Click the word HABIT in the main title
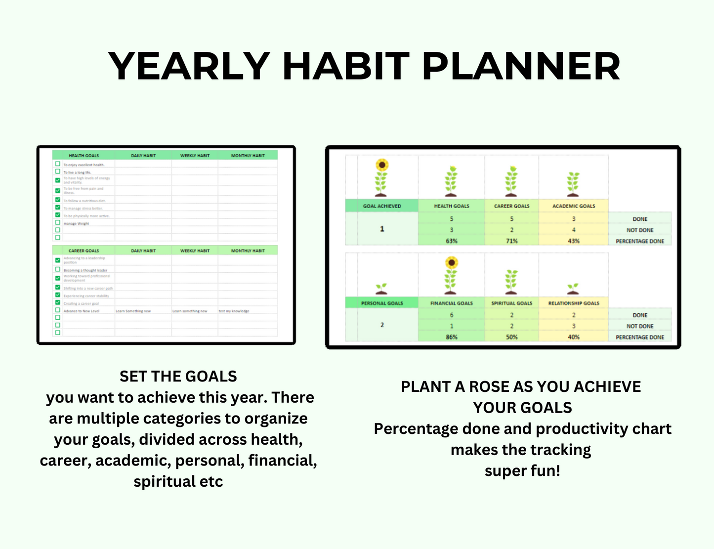click(x=345, y=66)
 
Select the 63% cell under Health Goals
click(x=451, y=241)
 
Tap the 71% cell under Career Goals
click(x=511, y=241)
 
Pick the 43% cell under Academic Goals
click(x=573, y=241)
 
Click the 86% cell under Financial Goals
click(x=451, y=337)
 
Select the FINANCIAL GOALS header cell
click(x=451, y=303)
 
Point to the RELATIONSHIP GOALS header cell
click(x=573, y=303)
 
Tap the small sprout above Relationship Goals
click(x=573, y=289)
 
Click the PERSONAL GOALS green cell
click(x=381, y=303)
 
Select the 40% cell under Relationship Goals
click(x=573, y=337)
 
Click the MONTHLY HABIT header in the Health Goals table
click(x=248, y=156)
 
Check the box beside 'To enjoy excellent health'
click(x=58, y=164)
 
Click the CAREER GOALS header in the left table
click(x=84, y=251)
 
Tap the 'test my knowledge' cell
click(x=234, y=311)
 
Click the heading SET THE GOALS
click(x=178, y=377)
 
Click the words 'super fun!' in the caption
click(x=522, y=471)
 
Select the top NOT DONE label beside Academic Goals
click(x=639, y=230)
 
